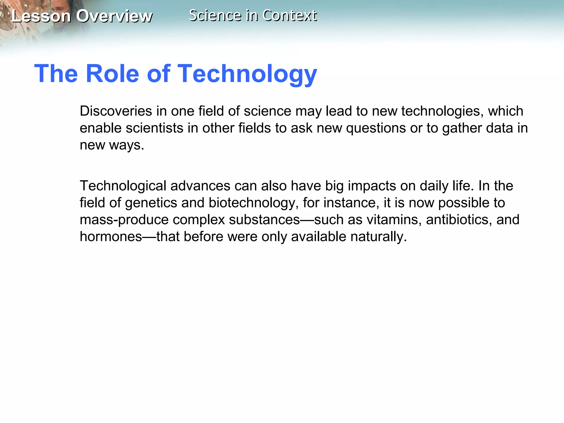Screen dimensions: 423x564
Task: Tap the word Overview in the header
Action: coord(114,16)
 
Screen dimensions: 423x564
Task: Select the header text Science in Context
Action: coord(253,15)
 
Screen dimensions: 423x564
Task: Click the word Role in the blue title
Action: coord(112,74)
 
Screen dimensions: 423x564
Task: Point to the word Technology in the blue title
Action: coord(247,74)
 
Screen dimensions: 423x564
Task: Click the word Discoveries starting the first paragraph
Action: coord(116,111)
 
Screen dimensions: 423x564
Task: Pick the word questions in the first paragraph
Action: coord(376,128)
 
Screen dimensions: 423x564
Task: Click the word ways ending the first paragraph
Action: coord(127,145)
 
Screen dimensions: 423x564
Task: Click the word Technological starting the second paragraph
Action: coord(123,186)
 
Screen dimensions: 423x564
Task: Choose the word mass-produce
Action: coord(124,220)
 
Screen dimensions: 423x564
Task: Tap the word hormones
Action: coord(111,237)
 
